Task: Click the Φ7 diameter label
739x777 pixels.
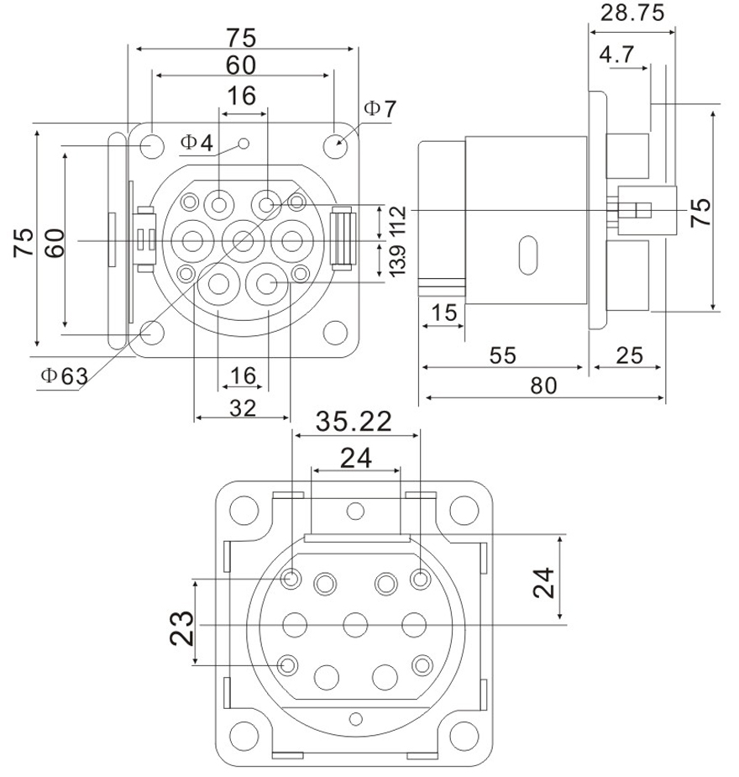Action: pos(380,109)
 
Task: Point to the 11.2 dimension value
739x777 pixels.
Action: pos(398,221)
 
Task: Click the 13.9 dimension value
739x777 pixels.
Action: pos(398,259)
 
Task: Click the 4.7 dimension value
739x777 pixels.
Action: pos(616,56)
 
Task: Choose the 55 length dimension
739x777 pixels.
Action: pos(501,355)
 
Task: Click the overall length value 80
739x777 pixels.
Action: pos(544,387)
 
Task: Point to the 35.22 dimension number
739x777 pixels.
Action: pos(354,422)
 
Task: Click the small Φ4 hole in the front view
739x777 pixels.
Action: pos(244,144)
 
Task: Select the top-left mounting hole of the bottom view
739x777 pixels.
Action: pos(243,508)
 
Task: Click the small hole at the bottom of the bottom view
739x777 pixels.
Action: pos(356,718)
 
